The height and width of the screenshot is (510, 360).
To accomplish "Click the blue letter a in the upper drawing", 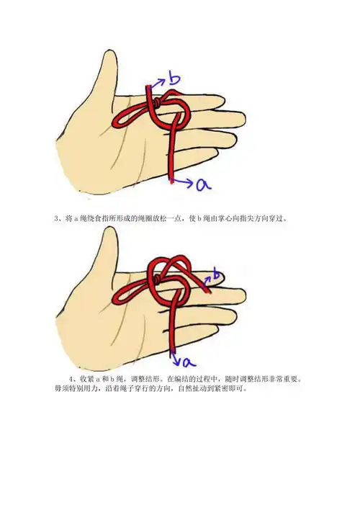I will click(x=204, y=184).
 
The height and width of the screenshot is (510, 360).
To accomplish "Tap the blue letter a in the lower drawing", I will click(x=184, y=359).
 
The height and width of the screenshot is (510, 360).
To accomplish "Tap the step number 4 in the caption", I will click(x=71, y=378).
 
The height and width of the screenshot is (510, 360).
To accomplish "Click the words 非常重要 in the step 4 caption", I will click(x=286, y=378).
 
